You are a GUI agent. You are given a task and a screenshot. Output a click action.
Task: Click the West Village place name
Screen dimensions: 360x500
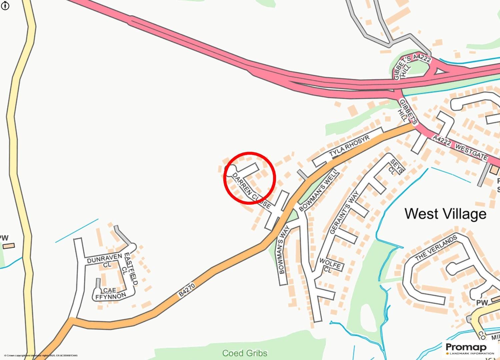[445, 214]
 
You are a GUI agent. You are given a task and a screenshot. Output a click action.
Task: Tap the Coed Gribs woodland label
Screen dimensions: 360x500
[245, 353]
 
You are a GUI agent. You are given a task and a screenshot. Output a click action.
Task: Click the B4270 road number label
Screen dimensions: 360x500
[187, 290]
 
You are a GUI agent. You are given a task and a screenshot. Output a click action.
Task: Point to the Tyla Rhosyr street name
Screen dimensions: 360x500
[349, 147]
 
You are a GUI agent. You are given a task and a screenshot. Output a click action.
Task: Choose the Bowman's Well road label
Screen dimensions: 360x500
[318, 190]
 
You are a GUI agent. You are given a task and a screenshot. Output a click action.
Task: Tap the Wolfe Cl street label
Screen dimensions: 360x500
[330, 265]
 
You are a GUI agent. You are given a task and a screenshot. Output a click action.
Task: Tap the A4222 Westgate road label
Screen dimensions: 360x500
[460, 147]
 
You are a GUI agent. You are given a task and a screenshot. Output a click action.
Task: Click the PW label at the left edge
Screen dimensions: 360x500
[4, 238]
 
